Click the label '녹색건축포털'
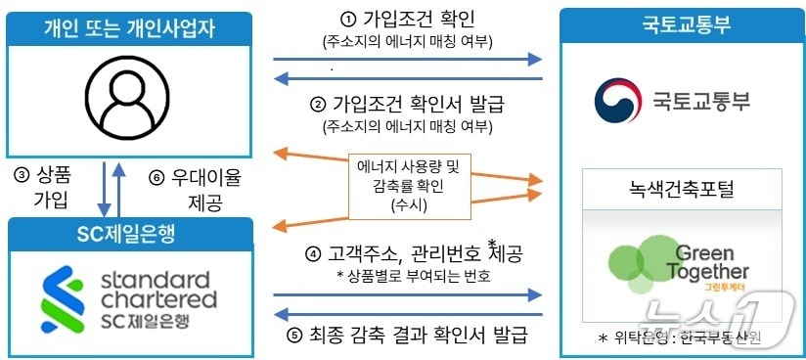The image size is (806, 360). [680, 186]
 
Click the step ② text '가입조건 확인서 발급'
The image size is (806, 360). [418, 105]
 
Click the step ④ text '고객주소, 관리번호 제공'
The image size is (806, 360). [418, 253]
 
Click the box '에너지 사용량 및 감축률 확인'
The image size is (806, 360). [409, 184]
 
